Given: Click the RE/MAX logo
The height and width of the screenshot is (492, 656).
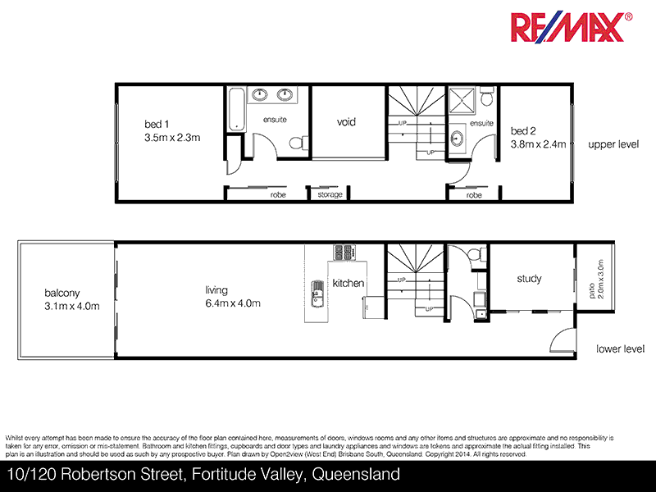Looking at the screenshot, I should [572, 27].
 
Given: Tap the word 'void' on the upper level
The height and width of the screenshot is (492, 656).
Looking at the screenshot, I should [347, 122].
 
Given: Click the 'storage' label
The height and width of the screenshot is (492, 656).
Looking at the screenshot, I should [330, 195].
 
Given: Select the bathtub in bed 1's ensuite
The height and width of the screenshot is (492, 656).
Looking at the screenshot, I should [235, 108].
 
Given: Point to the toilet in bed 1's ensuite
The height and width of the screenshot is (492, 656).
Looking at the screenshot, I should [300, 143].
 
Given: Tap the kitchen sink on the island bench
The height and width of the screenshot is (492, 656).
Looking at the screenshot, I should [317, 292].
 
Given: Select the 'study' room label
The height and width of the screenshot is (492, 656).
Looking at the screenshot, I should [529, 279].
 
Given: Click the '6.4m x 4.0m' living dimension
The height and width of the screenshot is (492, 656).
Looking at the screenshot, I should [233, 303].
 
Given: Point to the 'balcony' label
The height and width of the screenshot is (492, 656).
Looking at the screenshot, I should [62, 293].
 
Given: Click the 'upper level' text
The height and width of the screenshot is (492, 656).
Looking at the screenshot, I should [613, 144].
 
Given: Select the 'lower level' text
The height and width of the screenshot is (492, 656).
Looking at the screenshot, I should [621, 348].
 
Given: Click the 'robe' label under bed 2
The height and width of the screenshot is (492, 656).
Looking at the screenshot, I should [474, 195].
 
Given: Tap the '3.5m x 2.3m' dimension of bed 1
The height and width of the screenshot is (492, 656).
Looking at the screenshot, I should [172, 137].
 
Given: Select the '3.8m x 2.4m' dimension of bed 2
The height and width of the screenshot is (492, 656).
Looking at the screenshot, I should [538, 144].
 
